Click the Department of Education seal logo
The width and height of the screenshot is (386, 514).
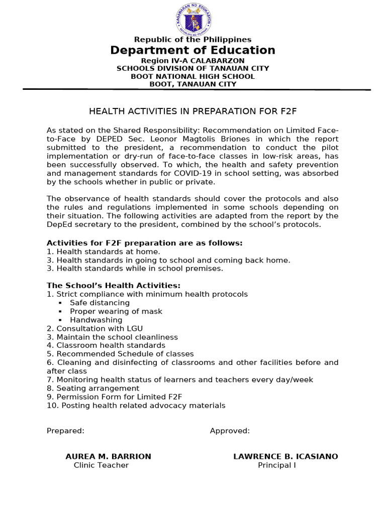pyautogui.click(x=194, y=19)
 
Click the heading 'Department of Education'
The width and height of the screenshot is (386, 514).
pyautogui.click(x=192, y=50)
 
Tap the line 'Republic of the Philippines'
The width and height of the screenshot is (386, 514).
pyautogui.click(x=192, y=40)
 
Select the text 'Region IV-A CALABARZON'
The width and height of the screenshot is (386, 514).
pyautogui.click(x=192, y=61)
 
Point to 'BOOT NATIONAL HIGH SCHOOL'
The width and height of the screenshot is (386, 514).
pyautogui.click(x=192, y=76)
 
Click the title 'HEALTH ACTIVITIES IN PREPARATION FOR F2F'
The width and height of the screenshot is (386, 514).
pyautogui.click(x=192, y=111)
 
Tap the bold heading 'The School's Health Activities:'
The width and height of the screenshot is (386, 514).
pyautogui.click(x=114, y=286)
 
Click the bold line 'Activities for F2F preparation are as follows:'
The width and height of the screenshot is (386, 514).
pyautogui.click(x=144, y=243)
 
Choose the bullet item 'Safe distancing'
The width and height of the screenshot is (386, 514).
pyautogui.click(x=100, y=303)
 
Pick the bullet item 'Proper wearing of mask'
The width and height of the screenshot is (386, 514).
pyautogui.click(x=116, y=311)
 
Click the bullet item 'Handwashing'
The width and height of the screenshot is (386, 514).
pyautogui.click(x=96, y=320)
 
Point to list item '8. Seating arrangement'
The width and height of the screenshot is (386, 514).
pyautogui.click(x=93, y=388)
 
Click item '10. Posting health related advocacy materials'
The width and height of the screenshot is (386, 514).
pyautogui.click(x=136, y=405)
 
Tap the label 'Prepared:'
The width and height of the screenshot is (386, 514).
pyautogui.click(x=65, y=431)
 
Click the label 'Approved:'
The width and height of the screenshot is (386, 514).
pyautogui.click(x=230, y=431)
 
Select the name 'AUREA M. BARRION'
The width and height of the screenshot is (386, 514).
pyautogui.click(x=108, y=456)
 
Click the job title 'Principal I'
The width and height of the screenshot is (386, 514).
pyautogui.click(x=277, y=465)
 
